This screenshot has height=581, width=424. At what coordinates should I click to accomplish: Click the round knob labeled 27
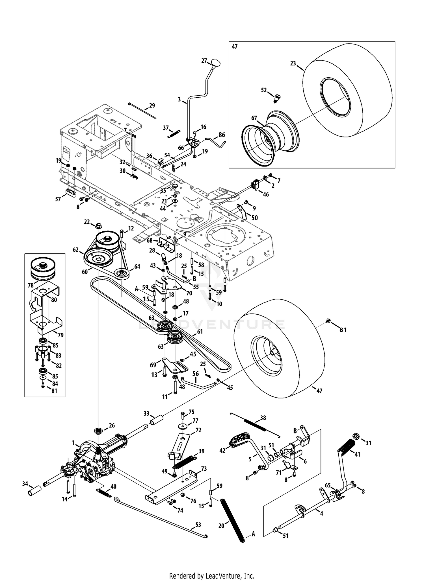click(x=215, y=62)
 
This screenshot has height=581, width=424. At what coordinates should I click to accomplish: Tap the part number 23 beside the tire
click(x=293, y=63)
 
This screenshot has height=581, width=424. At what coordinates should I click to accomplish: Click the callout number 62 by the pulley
click(x=75, y=250)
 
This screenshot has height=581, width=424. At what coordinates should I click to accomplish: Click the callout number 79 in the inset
click(x=60, y=335)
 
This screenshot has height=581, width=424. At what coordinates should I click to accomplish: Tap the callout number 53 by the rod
click(x=198, y=525)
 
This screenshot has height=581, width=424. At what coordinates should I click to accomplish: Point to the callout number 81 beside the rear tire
click(x=343, y=329)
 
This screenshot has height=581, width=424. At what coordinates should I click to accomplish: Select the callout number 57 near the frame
click(x=58, y=199)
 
